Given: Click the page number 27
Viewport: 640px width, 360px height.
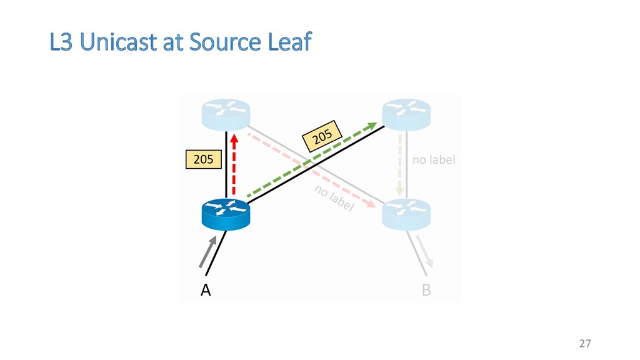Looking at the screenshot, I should [x=585, y=343].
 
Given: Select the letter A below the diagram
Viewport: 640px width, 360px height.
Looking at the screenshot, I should [x=205, y=291].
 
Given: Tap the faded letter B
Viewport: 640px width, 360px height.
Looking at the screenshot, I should [x=426, y=291].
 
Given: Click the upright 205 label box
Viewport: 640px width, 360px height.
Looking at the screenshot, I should [x=203, y=160].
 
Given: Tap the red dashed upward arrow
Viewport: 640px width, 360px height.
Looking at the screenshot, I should [x=234, y=164].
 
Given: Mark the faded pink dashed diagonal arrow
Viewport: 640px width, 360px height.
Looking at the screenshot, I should [x=312, y=169].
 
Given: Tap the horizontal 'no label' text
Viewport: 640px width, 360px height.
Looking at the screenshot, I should [x=434, y=160].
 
